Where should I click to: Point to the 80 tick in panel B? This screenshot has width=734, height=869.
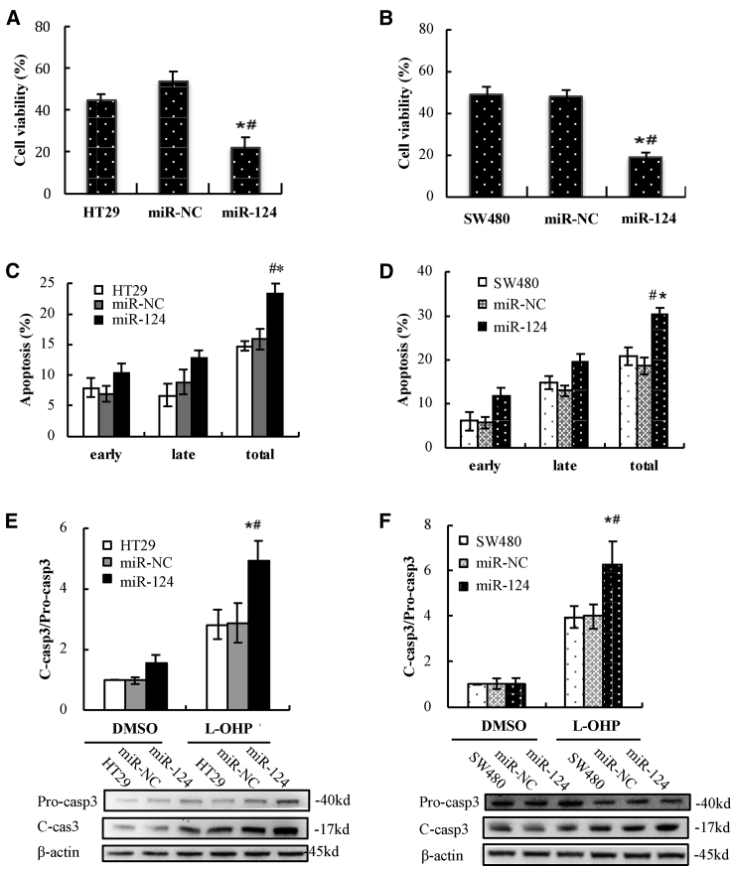point(424,29)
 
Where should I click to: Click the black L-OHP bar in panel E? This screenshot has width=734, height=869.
point(258,635)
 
